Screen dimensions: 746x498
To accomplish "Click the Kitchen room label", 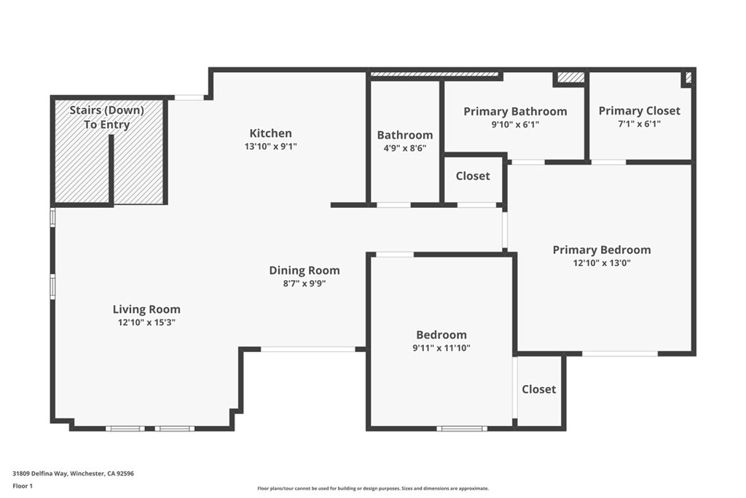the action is coord(271,133).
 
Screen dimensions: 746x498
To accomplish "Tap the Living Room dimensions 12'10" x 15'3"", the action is coord(146,322).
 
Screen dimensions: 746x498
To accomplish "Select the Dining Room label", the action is coord(305,271).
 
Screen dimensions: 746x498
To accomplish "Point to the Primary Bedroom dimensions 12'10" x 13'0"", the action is coord(602,262).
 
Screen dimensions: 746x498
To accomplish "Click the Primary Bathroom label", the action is coord(515,112).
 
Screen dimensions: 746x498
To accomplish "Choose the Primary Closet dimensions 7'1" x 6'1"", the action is coord(640,124).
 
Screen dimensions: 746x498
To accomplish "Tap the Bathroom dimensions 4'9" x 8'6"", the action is coord(405,148).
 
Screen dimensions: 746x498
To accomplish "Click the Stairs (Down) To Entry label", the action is coord(107,117).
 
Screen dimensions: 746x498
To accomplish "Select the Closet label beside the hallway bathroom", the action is coord(473,176).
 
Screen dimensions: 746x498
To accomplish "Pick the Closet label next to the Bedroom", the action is coord(539,389).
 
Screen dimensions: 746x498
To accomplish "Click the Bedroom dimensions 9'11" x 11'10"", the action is coord(441,348).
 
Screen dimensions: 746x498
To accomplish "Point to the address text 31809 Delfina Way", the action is coord(41,474).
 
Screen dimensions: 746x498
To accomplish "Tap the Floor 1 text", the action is coord(23,486).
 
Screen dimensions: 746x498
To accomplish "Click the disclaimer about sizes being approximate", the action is coord(373,489).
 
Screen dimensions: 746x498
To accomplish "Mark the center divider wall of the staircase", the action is coord(111,170).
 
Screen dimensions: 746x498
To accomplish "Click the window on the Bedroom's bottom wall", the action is coord(462,429).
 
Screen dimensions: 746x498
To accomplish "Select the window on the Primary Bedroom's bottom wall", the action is coord(620,354).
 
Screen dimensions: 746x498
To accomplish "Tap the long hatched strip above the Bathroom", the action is coord(434,74).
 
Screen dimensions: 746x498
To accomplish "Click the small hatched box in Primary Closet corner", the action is coord(688,77).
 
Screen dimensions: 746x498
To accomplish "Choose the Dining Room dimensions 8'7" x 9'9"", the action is coord(305,284).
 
